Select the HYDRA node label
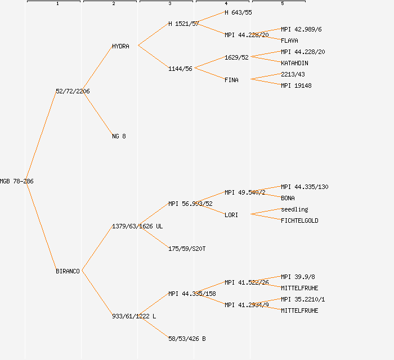(x=120, y=46)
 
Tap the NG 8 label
(x=119, y=136)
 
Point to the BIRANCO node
(x=68, y=271)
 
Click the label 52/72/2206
(x=73, y=91)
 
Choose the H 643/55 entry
(x=238, y=12)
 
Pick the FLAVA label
(x=289, y=40)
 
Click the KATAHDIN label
(x=294, y=63)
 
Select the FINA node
(x=231, y=80)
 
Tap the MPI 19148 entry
(x=296, y=85)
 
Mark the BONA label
(x=288, y=198)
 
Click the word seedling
(x=294, y=209)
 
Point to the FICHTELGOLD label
(x=299, y=220)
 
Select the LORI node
(x=231, y=215)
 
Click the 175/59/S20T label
(x=187, y=249)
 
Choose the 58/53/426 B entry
(x=187, y=339)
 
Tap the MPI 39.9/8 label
(x=298, y=277)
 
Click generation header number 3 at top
(x=169, y=4)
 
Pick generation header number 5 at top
(x=282, y=4)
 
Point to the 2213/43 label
(x=293, y=74)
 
